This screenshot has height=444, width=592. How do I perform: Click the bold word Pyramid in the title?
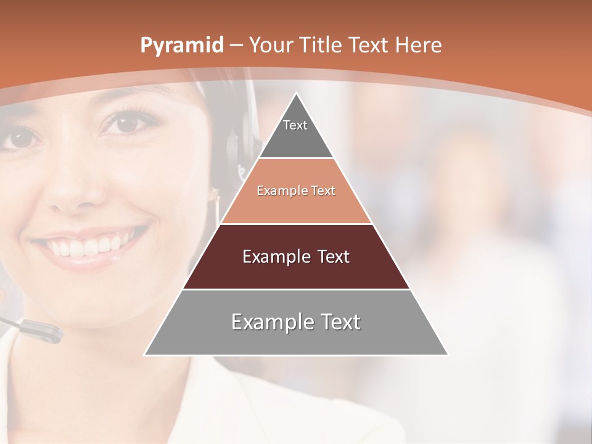[x=182, y=46]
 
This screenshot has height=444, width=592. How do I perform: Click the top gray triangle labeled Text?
[x=296, y=133]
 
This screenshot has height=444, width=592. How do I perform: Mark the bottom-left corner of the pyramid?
[x=146, y=355]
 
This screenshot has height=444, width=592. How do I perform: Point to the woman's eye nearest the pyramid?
[x=126, y=123]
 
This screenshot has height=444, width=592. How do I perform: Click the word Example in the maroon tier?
[x=274, y=257]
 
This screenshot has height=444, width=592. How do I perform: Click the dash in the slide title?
[x=236, y=46]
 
